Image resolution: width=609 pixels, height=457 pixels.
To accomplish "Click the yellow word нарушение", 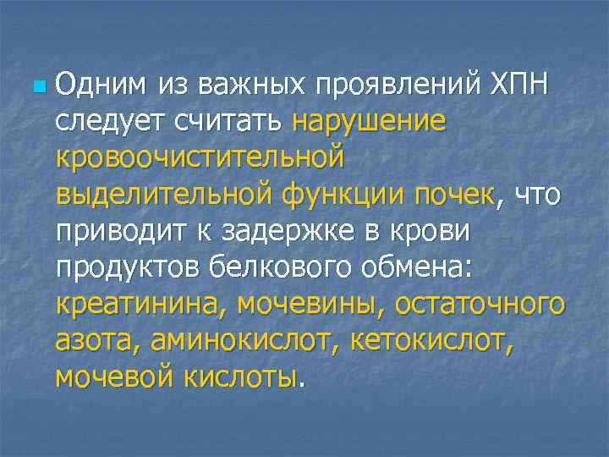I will click(368, 121).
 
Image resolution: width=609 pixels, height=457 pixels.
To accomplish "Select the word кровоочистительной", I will click(200, 157).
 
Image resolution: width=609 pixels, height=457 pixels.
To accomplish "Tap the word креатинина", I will click(140, 303).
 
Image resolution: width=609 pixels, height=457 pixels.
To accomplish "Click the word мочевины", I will click(305, 303).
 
